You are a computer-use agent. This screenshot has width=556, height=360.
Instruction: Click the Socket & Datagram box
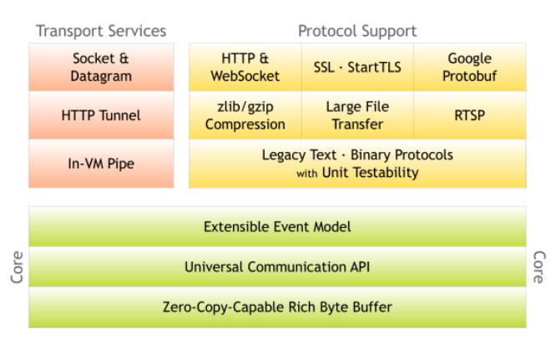pos(101,67)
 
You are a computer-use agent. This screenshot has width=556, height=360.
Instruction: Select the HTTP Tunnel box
pos(101,115)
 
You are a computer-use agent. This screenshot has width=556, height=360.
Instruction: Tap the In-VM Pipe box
pos(101,163)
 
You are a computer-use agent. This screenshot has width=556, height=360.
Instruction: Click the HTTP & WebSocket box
pos(245,67)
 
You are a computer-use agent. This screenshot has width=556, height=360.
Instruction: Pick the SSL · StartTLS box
pos(357,67)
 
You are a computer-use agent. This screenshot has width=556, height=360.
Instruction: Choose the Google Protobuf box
pos(470,67)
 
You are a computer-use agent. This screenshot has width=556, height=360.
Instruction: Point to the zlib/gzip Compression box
pos(245,115)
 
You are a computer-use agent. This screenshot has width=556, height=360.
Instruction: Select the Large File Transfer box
pos(357,115)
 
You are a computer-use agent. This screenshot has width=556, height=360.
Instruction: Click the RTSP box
pos(470,115)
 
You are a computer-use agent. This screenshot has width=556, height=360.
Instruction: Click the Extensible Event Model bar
pos(277,226)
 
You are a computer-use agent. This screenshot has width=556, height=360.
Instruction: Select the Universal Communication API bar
pos(277,267)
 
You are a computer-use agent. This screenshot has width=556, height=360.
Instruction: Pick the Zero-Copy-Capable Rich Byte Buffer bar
pos(277,307)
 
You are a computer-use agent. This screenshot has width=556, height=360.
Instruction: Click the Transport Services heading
pos(101,31)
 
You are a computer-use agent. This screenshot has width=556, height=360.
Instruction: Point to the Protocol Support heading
pos(357,31)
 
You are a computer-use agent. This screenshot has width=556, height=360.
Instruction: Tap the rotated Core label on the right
pos(538,266)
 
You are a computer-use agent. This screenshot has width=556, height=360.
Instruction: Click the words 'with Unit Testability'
pos(357,173)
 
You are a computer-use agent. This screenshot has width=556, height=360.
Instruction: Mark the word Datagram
pos(101,75)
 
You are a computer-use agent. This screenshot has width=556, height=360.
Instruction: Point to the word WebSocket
pos(245,75)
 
